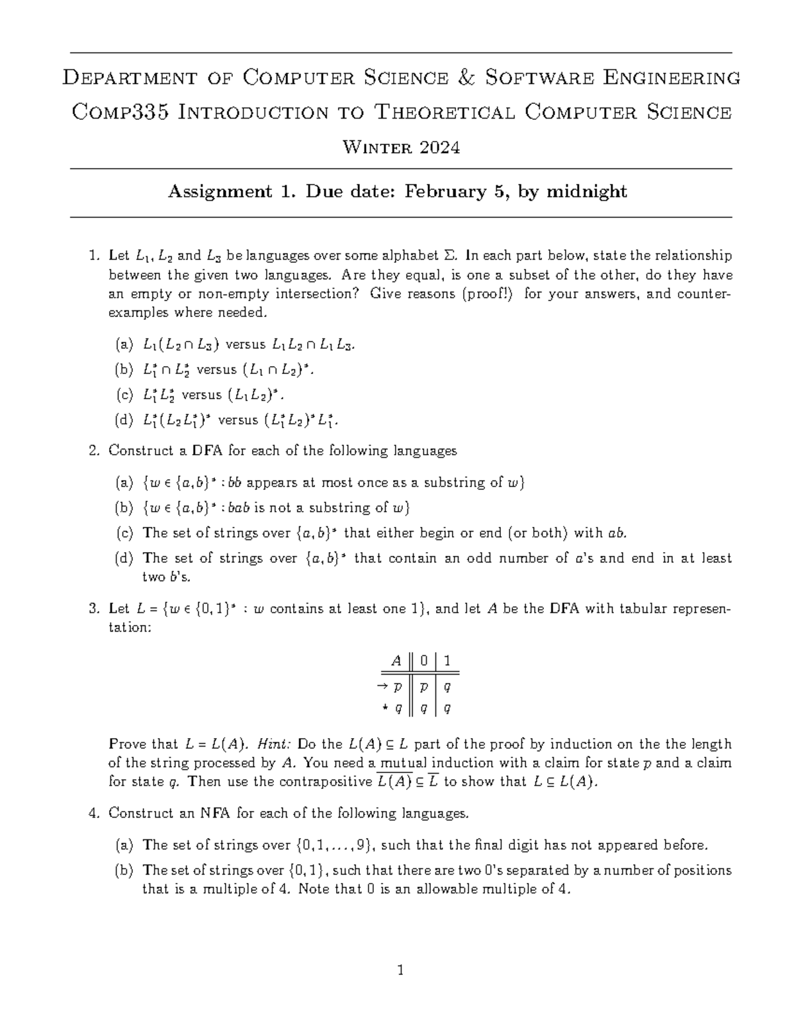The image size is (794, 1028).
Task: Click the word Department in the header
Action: [130, 78]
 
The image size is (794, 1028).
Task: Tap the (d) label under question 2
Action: [123, 558]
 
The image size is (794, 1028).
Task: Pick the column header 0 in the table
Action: [424, 660]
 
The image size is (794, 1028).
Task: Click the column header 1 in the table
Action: [447, 660]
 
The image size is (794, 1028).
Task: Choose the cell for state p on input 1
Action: [447, 687]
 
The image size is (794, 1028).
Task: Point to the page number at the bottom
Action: [400, 971]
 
